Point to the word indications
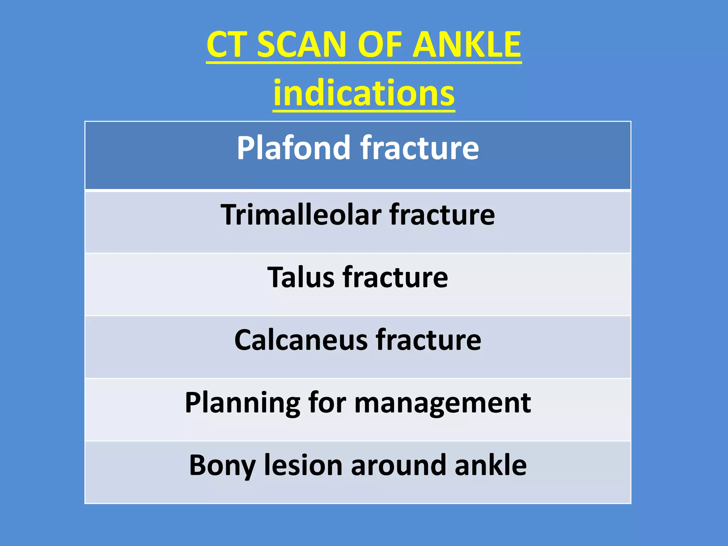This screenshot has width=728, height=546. click(x=364, y=93)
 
